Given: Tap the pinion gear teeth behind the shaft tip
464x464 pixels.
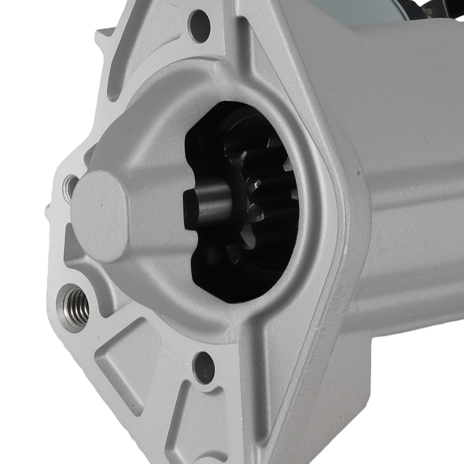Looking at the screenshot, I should click(x=267, y=195).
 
